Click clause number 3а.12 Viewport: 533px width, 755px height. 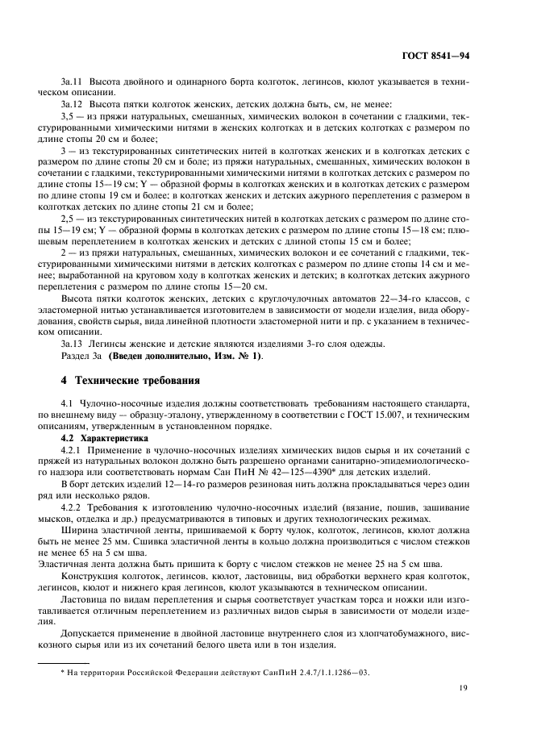pos(73,105)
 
